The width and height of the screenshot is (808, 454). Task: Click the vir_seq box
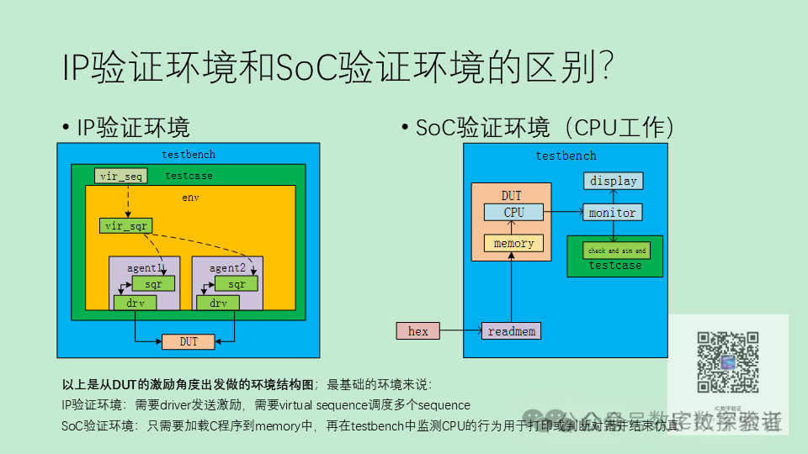pos(121,176)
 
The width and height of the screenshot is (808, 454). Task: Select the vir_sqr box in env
pos(125,225)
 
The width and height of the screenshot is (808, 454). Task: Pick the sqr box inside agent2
pos(237,284)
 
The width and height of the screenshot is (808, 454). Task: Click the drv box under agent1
pos(135,303)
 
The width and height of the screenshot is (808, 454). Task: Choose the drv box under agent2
pos(218,303)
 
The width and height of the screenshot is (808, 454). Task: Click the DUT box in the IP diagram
pos(189,341)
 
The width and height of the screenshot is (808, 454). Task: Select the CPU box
pos(513,213)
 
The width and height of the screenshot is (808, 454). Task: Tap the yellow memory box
pos(513,243)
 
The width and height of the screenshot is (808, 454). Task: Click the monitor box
pos(612,213)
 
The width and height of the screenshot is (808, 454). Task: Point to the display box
pos(613,181)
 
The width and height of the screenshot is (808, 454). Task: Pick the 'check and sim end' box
pos(617,251)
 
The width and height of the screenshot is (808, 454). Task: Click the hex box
pos(418,331)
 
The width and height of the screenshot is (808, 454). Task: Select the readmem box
pos(511,331)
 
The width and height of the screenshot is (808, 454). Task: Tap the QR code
pos(728,362)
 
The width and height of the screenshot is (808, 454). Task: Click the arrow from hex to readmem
pos(460,331)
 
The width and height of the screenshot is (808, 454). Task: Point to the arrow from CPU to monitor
pos(564,213)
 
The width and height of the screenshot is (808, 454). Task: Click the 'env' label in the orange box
pos(190,198)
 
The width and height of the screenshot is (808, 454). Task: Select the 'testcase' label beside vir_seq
pos(189,176)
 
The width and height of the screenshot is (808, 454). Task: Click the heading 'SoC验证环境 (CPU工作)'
pos(545,128)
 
